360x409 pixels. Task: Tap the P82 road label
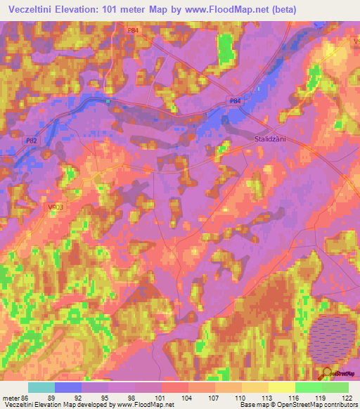point(32,141)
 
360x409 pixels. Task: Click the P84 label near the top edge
point(134,30)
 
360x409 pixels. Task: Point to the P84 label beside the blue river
point(235,102)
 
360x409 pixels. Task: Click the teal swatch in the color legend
point(41,387)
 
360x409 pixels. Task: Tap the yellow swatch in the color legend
point(281,387)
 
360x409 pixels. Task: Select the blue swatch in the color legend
point(68,387)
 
